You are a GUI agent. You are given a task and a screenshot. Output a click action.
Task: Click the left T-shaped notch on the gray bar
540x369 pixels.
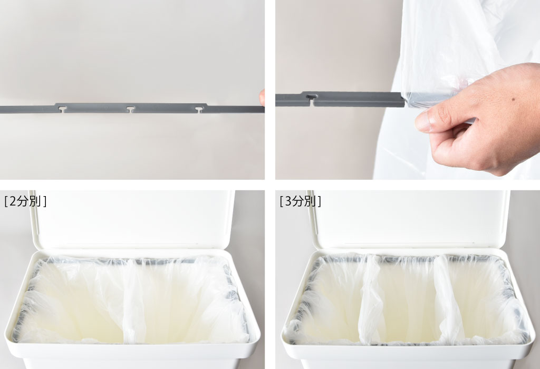[62, 109]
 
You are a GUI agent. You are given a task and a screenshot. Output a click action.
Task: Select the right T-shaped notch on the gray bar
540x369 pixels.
[199, 110]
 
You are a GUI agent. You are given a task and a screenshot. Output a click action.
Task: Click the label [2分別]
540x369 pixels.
[25, 201]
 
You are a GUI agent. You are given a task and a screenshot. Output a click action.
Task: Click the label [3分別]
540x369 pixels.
[300, 201]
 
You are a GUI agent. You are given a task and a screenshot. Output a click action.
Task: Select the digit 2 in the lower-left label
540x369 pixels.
[13, 201]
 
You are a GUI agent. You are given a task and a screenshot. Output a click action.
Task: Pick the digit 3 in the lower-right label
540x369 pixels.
[288, 201]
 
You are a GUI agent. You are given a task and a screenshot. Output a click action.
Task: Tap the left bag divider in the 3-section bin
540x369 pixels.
[371, 299]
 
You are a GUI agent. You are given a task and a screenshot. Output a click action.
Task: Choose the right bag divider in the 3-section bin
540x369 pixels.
[448, 300]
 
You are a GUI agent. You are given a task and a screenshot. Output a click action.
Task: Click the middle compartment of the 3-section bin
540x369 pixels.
[408, 303]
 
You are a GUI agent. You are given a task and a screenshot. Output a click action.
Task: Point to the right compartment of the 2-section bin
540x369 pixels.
[188, 303]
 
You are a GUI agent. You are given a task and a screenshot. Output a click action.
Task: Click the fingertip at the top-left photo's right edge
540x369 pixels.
[262, 98]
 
